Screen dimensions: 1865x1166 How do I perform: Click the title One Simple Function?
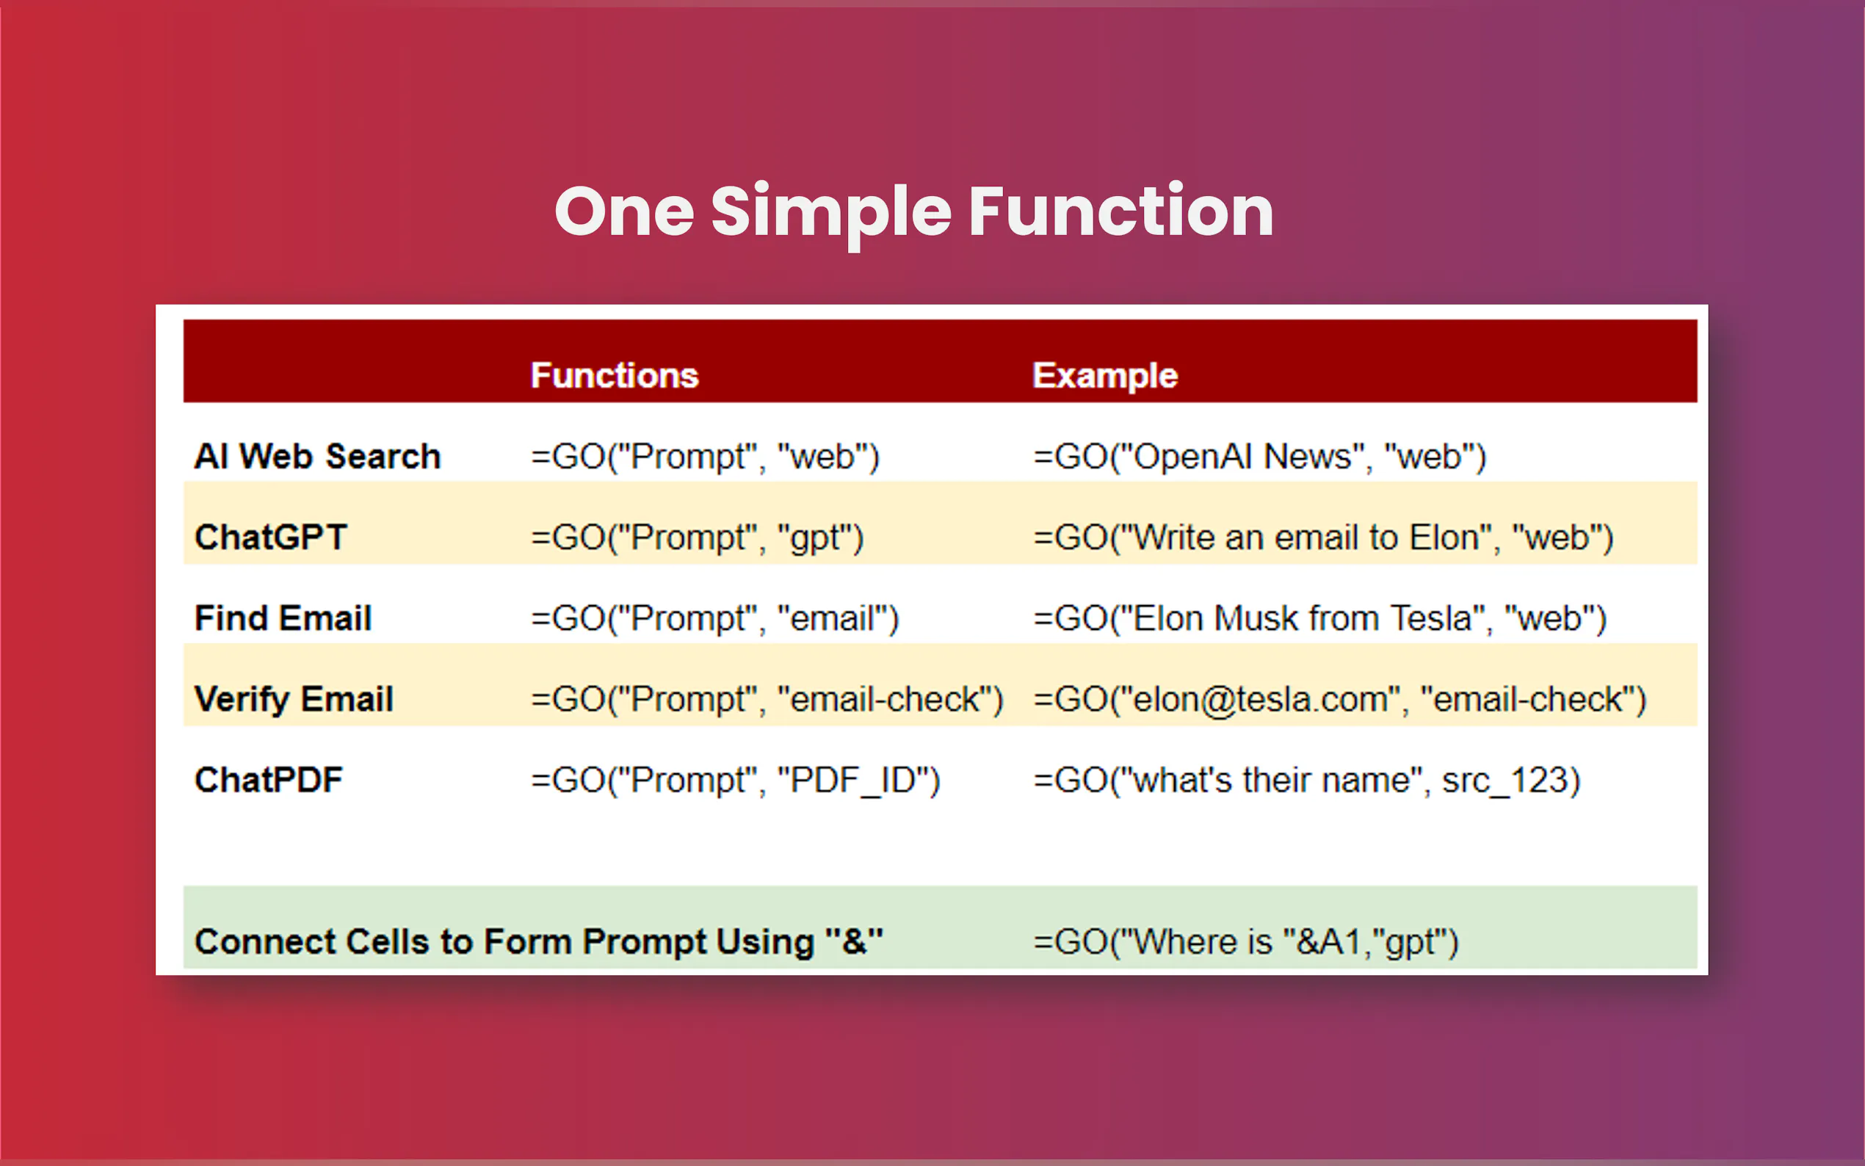(913, 214)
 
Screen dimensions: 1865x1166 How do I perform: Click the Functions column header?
(615, 375)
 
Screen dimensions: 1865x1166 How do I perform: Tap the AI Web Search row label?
(318, 456)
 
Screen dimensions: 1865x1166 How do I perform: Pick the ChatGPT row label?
(271, 537)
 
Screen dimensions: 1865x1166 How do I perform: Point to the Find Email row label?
(283, 618)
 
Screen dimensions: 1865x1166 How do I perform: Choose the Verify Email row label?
(294, 700)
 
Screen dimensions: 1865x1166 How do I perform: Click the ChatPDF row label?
(268, 780)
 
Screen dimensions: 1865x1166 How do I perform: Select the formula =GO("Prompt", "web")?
(705, 457)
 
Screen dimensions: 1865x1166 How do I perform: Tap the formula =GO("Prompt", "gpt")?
(697, 538)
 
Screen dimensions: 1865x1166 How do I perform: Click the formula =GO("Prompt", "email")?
(714, 618)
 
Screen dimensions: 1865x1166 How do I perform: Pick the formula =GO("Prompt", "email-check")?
(767, 700)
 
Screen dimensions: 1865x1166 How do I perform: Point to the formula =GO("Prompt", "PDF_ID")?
(736, 781)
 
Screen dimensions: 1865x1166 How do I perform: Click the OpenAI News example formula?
(1260, 457)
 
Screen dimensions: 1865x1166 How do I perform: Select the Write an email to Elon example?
(1323, 537)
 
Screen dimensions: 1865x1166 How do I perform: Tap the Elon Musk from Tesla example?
(1320, 618)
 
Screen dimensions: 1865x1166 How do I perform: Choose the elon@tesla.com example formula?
(1340, 700)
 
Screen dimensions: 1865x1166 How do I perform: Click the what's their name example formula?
(1307, 781)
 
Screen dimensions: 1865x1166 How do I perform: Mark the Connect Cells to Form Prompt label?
(539, 941)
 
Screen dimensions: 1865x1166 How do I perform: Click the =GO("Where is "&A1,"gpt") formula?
(1246, 942)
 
